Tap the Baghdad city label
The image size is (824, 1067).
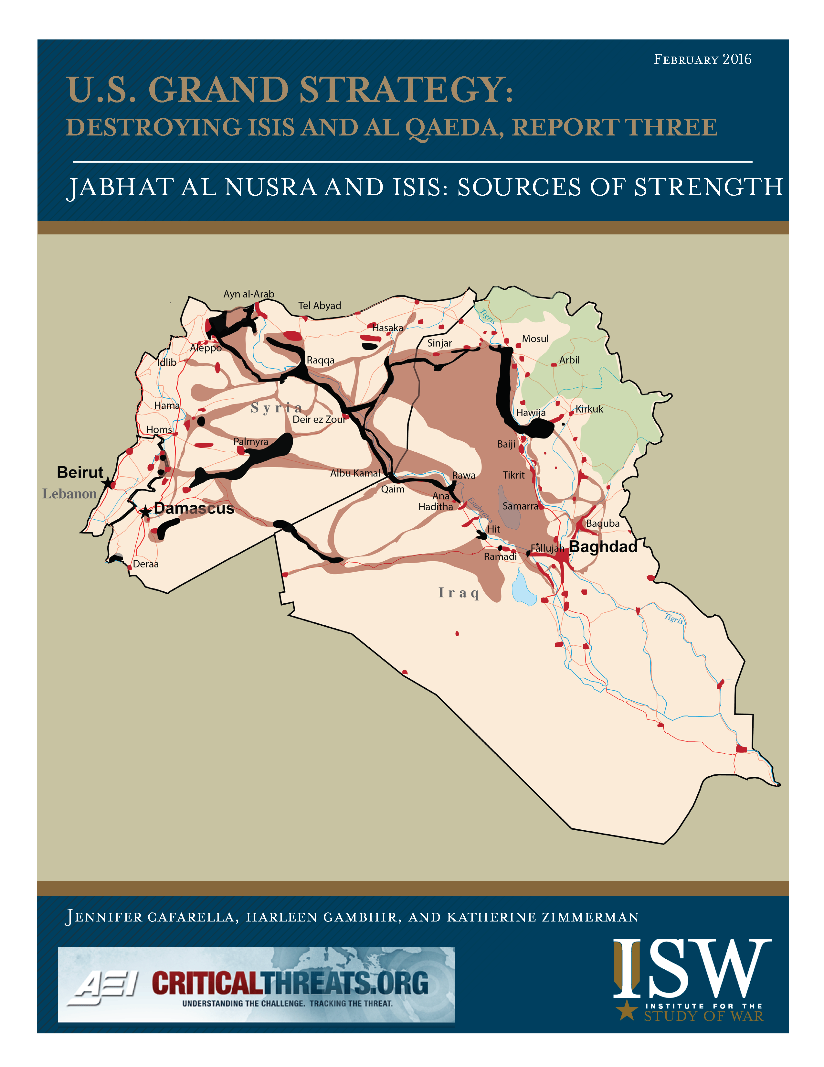pyautogui.click(x=603, y=547)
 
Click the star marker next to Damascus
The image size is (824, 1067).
pyautogui.click(x=145, y=512)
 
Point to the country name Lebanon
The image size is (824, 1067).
pyautogui.click(x=69, y=494)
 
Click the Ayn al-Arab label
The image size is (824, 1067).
pyautogui.click(x=248, y=294)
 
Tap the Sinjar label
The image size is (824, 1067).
pyautogui.click(x=439, y=343)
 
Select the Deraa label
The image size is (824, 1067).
pyautogui.click(x=145, y=564)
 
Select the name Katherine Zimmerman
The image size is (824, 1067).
pyautogui.click(x=543, y=917)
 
